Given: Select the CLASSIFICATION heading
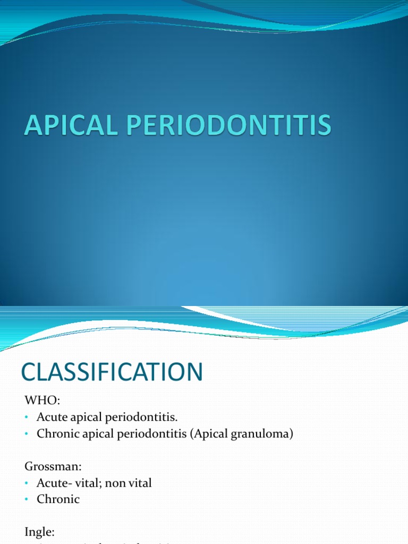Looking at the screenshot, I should pyautogui.click(x=112, y=371).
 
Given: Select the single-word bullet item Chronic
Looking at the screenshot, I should pyautogui.click(x=58, y=499).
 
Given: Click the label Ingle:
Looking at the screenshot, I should pyautogui.click(x=39, y=532).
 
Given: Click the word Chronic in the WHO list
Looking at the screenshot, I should pyautogui.click(x=58, y=433).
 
